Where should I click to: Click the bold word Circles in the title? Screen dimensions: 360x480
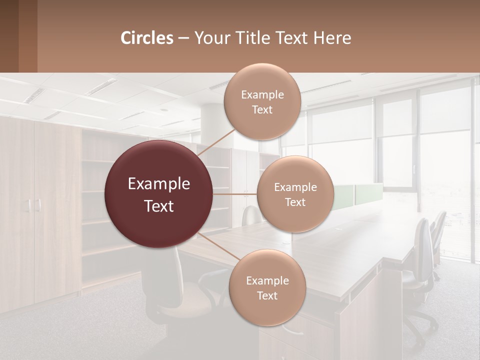point(147,38)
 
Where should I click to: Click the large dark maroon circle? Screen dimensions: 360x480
point(158,194)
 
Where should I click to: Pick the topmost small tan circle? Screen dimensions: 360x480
point(262,101)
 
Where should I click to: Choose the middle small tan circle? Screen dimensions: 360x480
point(295,194)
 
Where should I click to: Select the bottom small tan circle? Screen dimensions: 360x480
point(267,287)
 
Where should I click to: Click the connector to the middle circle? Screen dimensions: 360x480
point(234,194)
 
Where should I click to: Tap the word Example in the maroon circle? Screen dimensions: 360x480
point(158,184)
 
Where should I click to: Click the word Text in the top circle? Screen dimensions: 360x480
point(262,110)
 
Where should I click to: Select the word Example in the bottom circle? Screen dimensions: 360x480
point(267,280)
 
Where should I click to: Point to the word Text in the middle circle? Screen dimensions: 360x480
point(295,202)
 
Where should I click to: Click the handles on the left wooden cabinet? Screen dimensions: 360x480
point(33,205)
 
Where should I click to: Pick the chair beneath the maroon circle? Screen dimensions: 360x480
point(190,290)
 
